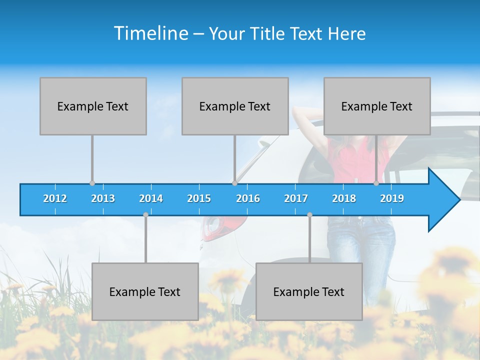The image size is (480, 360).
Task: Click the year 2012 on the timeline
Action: click(x=55, y=198)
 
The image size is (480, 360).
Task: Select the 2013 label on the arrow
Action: click(x=103, y=198)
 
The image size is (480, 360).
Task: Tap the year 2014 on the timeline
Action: click(x=151, y=198)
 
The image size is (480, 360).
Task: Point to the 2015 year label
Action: click(x=199, y=198)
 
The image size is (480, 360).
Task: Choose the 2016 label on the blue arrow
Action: click(x=248, y=198)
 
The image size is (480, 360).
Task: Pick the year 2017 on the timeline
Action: click(x=296, y=198)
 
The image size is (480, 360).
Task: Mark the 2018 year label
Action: click(x=344, y=198)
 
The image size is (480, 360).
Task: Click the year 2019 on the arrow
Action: click(x=392, y=198)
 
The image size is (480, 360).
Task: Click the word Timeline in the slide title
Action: click(x=150, y=33)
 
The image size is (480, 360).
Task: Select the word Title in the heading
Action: click(x=269, y=34)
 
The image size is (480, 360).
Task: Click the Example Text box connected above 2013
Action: click(x=93, y=106)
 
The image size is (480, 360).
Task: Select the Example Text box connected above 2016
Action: click(x=235, y=106)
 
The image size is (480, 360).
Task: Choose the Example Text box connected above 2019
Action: click(x=377, y=106)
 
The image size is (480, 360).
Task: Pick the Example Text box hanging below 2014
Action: click(x=145, y=291)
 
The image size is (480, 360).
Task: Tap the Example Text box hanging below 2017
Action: click(x=309, y=291)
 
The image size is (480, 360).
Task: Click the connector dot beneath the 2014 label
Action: click(x=145, y=215)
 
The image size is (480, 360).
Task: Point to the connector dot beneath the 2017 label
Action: click(x=309, y=215)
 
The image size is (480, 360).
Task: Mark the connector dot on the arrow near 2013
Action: click(x=92, y=183)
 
